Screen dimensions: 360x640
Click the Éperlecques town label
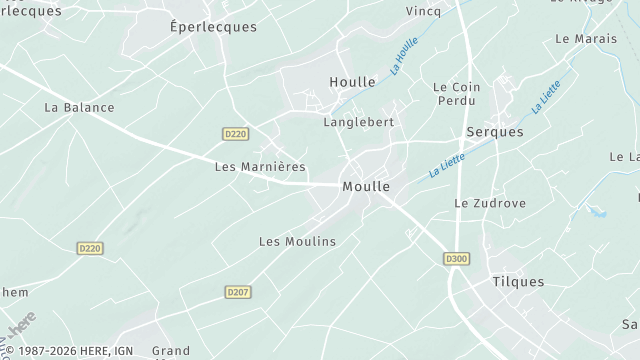click(x=213, y=27)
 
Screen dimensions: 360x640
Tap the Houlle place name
click(x=352, y=82)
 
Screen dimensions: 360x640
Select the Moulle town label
click(x=366, y=187)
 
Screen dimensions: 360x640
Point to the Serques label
click(x=495, y=132)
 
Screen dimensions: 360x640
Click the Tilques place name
click(x=518, y=282)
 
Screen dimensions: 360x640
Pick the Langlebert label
click(x=358, y=122)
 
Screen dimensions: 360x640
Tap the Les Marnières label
click(x=260, y=167)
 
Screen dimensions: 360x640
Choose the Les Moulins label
click(x=297, y=242)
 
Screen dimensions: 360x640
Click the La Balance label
click(x=80, y=107)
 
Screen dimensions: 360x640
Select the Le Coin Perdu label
click(x=457, y=94)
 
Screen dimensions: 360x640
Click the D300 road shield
click(x=456, y=259)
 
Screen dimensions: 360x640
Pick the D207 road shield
click(x=237, y=292)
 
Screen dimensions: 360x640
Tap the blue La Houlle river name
click(x=404, y=56)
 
